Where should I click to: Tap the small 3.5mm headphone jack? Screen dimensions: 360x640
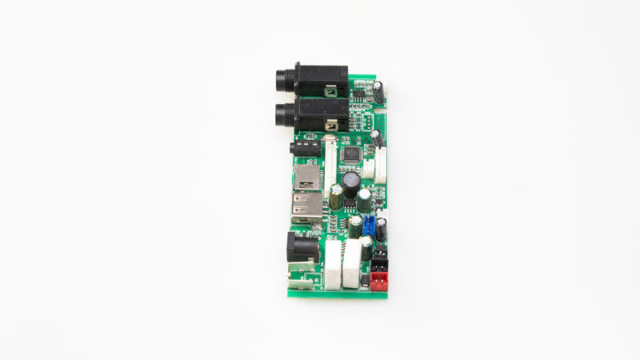(304, 149)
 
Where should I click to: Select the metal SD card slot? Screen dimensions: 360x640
(306, 177)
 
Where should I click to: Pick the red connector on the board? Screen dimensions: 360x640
(378, 279)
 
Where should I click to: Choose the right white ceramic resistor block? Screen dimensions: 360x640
(352, 264)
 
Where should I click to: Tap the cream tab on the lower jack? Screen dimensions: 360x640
(330, 126)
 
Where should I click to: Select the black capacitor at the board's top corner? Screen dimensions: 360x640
(378, 92)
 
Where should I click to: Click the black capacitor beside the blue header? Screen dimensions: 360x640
(382, 230)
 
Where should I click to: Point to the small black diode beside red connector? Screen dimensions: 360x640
(365, 281)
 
